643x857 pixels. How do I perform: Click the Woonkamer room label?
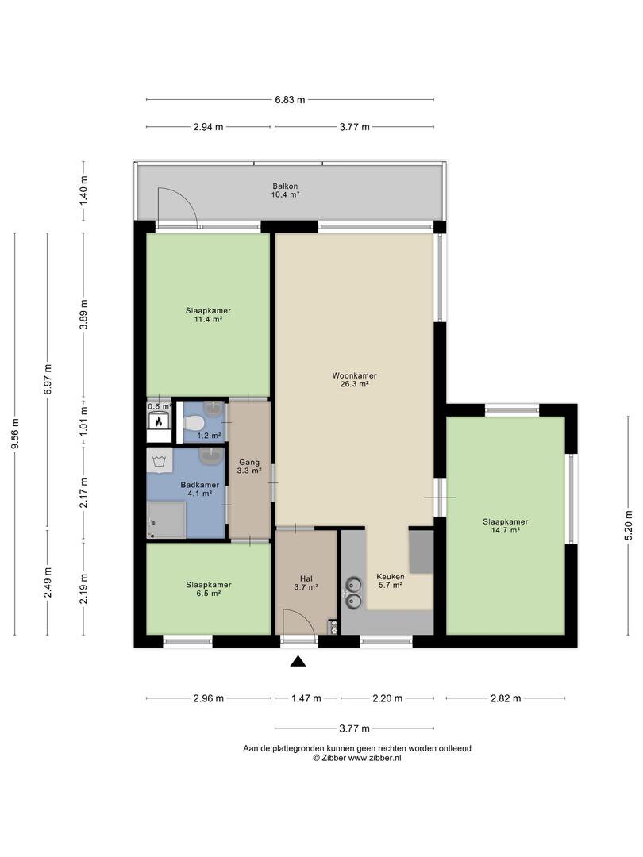[x=354, y=379]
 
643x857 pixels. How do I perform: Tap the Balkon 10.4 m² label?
[x=286, y=190]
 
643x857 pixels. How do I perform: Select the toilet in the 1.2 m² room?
[x=194, y=422]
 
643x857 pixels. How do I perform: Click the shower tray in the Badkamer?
[x=166, y=520]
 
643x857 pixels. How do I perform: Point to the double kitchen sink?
[x=353, y=593]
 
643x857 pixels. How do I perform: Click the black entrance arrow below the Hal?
[x=298, y=661]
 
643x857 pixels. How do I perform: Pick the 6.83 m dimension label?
[x=290, y=100]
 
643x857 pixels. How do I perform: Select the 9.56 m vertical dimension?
[x=15, y=434]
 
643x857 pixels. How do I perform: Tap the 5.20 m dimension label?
[x=628, y=525]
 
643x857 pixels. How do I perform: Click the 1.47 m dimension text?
[x=306, y=698]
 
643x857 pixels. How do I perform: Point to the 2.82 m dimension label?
[x=506, y=698]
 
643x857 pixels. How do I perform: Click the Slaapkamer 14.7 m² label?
[x=505, y=525]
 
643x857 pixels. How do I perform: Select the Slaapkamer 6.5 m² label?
[x=208, y=589]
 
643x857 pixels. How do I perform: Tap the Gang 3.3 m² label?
[x=248, y=467]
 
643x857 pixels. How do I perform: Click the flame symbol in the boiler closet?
[x=159, y=421]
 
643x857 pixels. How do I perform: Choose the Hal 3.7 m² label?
[x=306, y=582]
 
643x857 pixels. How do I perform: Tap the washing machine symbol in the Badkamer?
[x=160, y=460]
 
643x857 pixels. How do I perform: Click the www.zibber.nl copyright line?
[x=357, y=758]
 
